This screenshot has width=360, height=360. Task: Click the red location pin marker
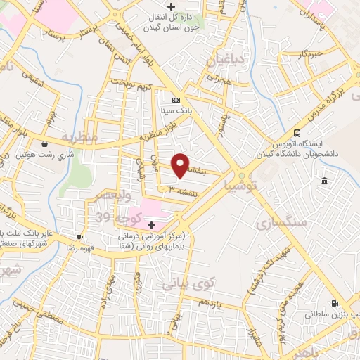(181, 166)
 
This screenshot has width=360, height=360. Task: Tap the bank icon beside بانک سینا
(175, 100)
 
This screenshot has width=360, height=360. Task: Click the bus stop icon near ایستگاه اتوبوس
(297, 133)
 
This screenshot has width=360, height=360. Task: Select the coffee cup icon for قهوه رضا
(79, 238)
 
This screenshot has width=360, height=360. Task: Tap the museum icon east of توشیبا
(323, 182)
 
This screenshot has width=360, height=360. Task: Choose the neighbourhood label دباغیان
(226, 62)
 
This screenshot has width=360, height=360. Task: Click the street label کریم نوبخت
(135, 88)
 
